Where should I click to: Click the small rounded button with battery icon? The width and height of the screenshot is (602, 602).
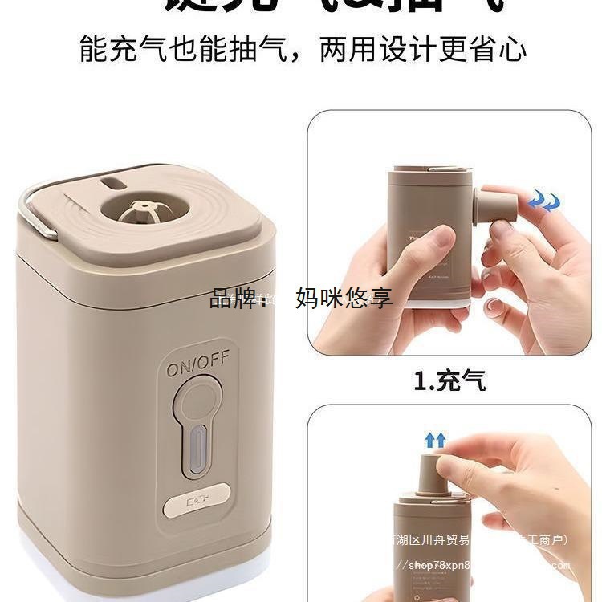[x=197, y=506]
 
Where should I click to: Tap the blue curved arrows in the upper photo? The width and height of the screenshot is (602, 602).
[x=543, y=201]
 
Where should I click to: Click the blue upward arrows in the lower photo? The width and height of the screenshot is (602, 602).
[x=435, y=440]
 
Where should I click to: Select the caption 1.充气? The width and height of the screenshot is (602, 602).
[x=449, y=380]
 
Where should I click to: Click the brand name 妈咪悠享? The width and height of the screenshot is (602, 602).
[x=344, y=299]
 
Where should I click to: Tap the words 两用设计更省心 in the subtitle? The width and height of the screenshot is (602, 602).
[x=423, y=50]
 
